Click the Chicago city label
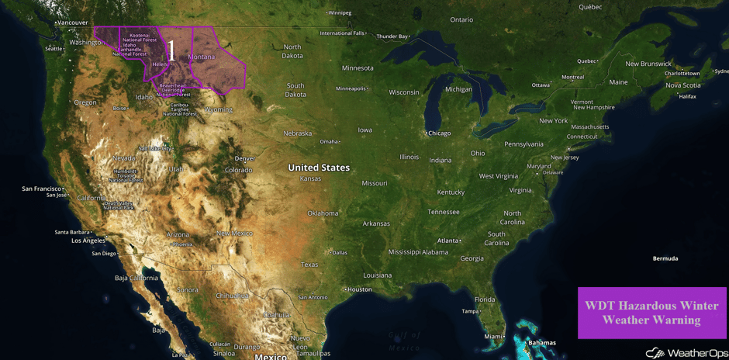click(439, 133)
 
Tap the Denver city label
click(244, 158)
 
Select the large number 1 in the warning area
click(171, 50)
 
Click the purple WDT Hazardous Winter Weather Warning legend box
click(651, 313)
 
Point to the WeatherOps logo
click(686, 353)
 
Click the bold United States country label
click(319, 168)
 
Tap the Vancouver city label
click(73, 23)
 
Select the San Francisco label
click(42, 189)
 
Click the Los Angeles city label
click(88, 241)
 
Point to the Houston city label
click(360, 289)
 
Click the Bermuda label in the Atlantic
click(665, 258)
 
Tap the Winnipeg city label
click(340, 13)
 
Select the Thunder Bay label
click(392, 36)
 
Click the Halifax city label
click(687, 96)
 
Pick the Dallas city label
click(339, 252)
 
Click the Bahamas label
click(541, 343)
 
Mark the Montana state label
click(202, 57)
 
